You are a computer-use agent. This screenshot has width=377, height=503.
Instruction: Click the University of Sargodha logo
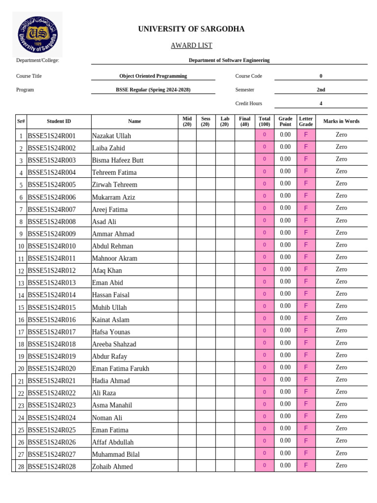(37, 34)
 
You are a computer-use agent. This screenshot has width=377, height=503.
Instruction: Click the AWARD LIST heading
(191, 46)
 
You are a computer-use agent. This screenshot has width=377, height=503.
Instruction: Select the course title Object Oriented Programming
(153, 76)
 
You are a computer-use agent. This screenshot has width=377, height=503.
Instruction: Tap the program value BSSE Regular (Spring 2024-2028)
(153, 90)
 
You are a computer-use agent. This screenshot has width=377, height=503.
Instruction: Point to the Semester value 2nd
(321, 90)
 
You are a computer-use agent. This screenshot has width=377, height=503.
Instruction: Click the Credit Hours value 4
(321, 104)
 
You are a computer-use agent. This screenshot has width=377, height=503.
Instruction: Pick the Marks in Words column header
(341, 121)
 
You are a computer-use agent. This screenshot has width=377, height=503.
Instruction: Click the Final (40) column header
(244, 121)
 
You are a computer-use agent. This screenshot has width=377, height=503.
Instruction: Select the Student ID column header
(59, 121)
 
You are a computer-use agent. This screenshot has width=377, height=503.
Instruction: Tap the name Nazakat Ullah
(111, 136)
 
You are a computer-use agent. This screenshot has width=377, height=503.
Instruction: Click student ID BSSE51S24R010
(52, 246)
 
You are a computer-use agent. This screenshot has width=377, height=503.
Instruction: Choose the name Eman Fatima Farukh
(121, 368)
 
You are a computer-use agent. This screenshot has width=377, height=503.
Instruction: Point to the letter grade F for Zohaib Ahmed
(306, 465)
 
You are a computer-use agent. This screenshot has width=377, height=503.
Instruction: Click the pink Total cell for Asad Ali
(264, 221)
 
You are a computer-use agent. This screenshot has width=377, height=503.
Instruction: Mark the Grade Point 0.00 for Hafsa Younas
(285, 331)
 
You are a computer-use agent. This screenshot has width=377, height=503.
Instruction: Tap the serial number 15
(21, 307)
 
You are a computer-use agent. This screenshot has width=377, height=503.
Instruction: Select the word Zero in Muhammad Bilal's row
(341, 453)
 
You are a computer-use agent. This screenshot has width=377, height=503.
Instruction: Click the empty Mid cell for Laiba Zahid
(187, 147)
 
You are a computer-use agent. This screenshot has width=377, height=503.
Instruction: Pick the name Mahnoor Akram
(115, 258)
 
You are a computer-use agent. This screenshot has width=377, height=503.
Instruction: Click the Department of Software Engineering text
(229, 60)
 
